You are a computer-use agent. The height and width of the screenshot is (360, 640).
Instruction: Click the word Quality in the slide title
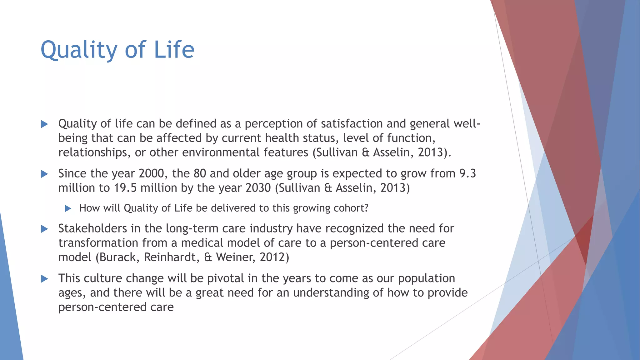79,50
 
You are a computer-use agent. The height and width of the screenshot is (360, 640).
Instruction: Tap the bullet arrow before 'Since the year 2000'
45,174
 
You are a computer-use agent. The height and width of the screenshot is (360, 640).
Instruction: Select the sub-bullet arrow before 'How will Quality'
68,208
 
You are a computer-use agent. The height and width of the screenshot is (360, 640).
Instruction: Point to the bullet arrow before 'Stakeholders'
45,229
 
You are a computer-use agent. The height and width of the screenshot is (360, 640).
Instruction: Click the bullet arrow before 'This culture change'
45,279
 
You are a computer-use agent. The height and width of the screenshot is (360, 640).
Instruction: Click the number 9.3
467,173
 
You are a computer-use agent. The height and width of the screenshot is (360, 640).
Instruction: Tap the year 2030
258,188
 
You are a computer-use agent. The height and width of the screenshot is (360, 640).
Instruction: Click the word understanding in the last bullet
331,293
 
